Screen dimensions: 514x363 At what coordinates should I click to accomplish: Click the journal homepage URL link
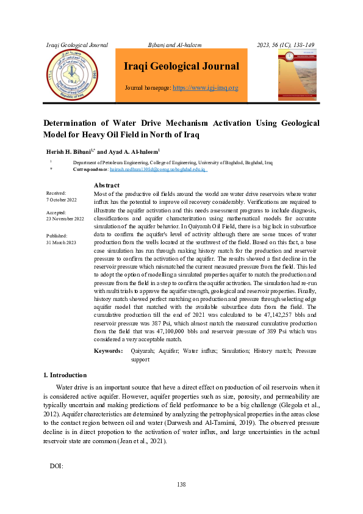click(206, 88)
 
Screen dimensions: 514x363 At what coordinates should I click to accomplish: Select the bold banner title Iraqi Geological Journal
click(181, 67)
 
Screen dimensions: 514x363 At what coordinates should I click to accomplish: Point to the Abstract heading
click(107, 186)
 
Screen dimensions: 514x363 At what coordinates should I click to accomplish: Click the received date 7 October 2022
click(62, 200)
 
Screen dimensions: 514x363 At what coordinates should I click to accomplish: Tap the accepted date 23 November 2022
click(65, 219)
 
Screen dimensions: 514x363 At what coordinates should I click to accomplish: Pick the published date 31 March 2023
click(61, 242)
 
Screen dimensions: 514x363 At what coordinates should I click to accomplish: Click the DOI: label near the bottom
click(56, 466)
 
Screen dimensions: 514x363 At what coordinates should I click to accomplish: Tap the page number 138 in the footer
click(181, 485)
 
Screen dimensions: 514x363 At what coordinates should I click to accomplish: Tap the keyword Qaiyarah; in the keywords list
click(145, 352)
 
